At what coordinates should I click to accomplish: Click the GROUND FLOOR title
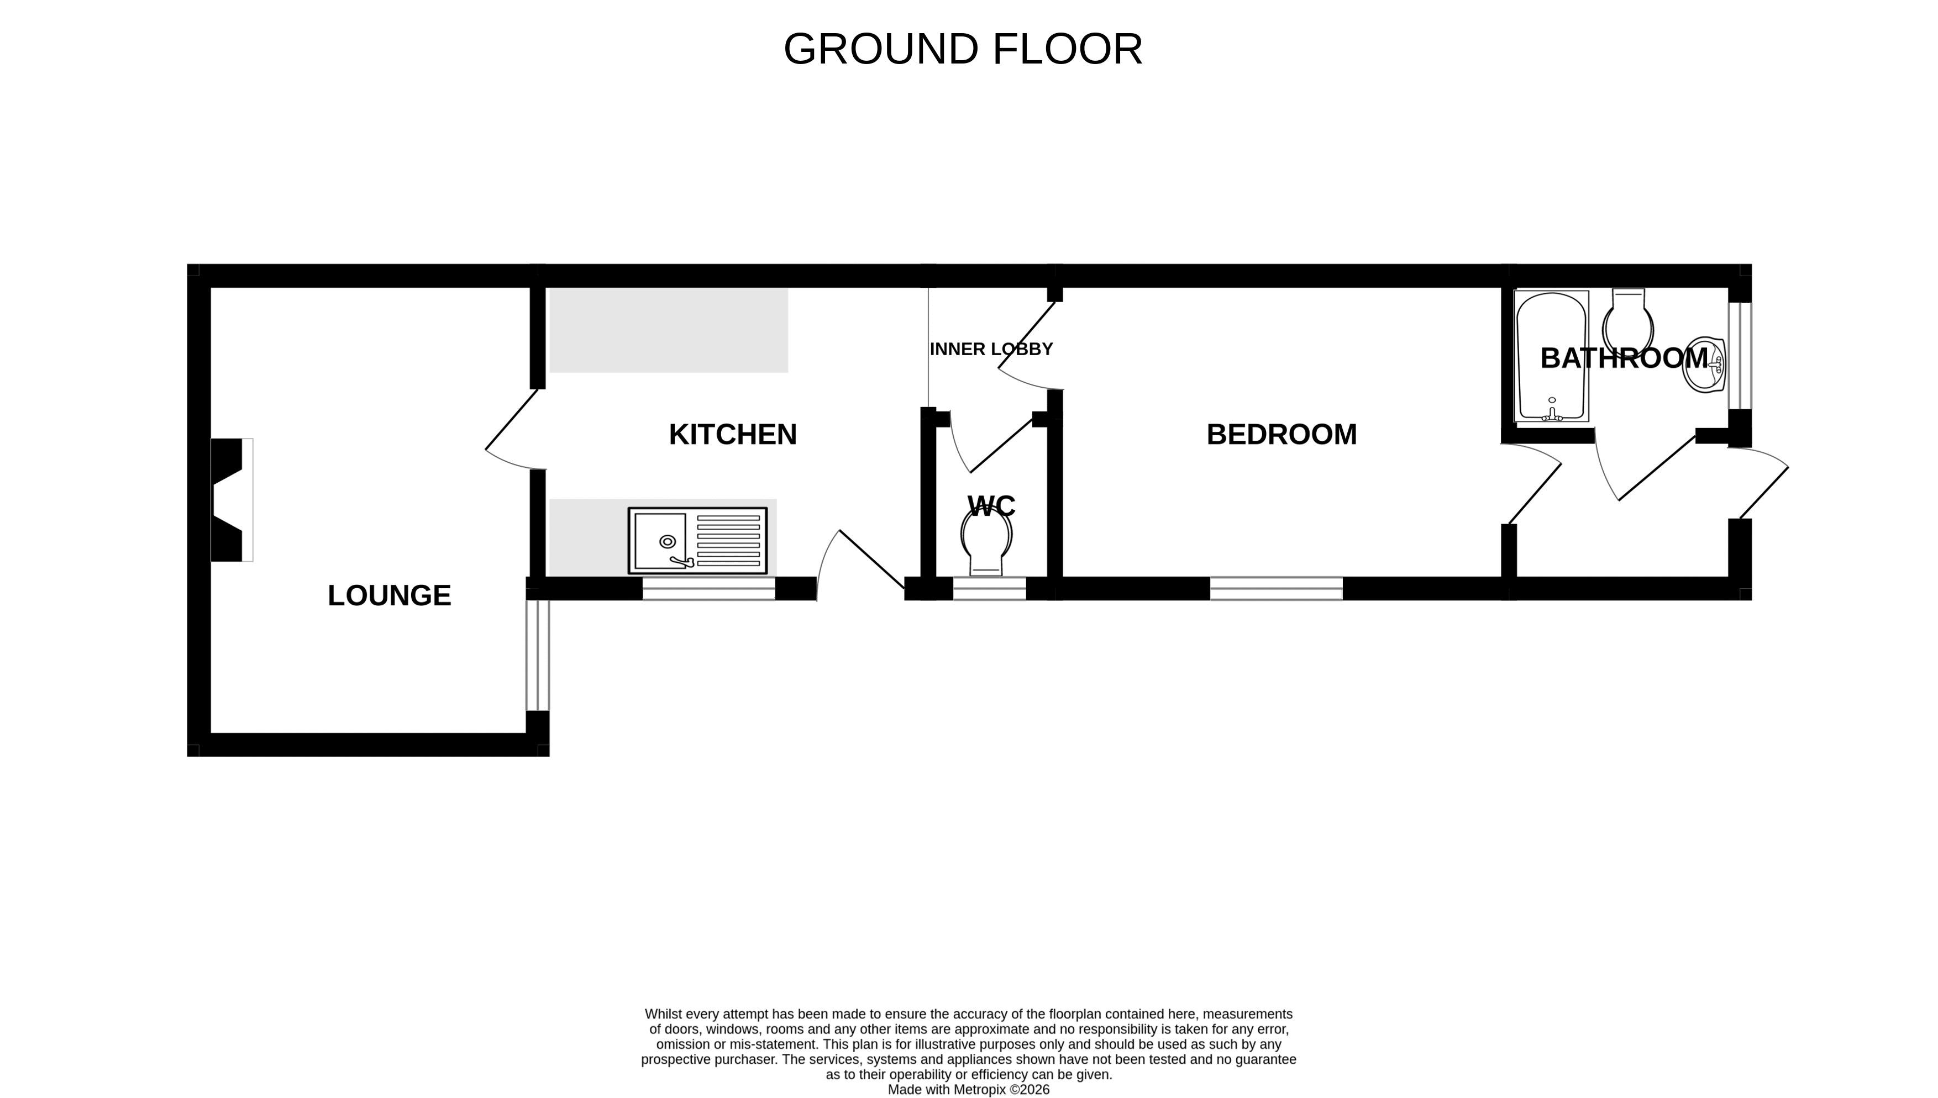click(x=963, y=49)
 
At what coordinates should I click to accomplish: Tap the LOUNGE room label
click(x=389, y=596)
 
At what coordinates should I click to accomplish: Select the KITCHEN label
click(x=733, y=434)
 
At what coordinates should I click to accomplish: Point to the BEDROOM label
click(x=1282, y=434)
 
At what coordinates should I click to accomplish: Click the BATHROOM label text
click(x=1624, y=358)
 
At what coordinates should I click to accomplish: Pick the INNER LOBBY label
click(x=991, y=349)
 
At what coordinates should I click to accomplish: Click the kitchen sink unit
click(x=698, y=540)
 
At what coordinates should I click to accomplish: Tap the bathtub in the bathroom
click(x=1552, y=356)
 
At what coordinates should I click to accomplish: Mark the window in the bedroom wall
click(x=1277, y=588)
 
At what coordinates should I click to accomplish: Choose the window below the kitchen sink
click(x=709, y=588)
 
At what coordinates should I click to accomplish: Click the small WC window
click(x=990, y=588)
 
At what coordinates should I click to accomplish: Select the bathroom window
click(x=1740, y=356)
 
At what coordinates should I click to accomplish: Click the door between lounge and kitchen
click(x=514, y=430)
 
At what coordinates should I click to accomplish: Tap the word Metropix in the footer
click(x=979, y=1090)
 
